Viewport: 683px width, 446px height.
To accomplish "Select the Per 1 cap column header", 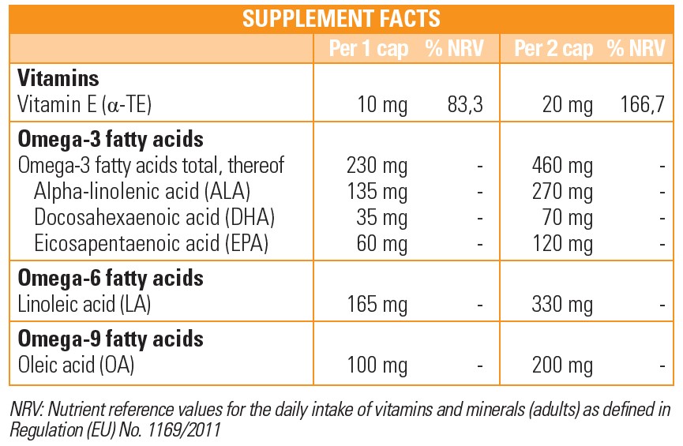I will point(370,50).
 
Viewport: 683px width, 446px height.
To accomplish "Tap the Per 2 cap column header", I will point(554,50).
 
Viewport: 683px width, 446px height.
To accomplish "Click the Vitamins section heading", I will point(58,79).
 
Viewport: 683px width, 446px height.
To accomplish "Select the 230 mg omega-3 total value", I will point(377,166).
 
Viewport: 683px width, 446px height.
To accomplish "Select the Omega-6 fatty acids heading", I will point(110,278).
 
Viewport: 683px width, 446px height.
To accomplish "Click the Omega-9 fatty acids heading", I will point(110,339).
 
